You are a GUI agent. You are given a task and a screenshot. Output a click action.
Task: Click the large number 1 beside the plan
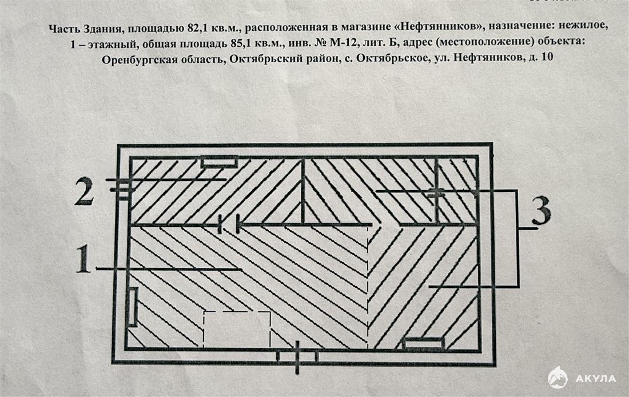click(x=83, y=259)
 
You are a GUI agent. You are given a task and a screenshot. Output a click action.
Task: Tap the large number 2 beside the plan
click(x=84, y=191)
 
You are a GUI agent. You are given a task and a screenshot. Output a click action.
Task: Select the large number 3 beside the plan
click(x=541, y=212)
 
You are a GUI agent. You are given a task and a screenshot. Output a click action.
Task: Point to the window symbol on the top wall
click(x=219, y=162)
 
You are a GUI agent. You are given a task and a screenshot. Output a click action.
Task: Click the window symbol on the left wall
click(x=133, y=307)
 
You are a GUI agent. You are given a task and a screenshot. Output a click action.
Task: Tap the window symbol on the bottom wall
click(x=424, y=344)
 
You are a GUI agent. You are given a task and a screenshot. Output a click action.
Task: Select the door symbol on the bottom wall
click(x=297, y=356)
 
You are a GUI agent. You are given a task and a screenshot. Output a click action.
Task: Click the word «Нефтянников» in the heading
click(x=437, y=27)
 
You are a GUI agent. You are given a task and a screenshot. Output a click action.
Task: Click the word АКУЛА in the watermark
click(x=596, y=379)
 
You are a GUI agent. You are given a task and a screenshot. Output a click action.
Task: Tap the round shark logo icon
click(x=558, y=378)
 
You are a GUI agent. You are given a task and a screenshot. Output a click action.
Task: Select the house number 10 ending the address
click(x=547, y=57)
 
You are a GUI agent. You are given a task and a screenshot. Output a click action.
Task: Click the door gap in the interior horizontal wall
click(x=229, y=224)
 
